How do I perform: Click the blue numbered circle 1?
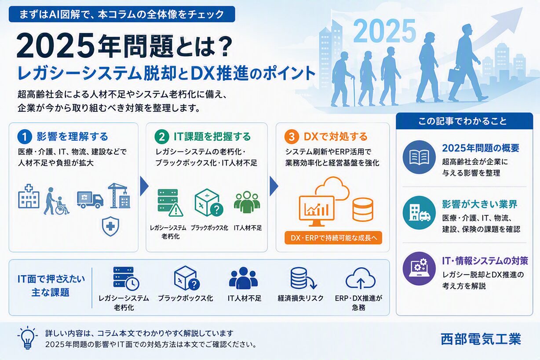click(x=25, y=137)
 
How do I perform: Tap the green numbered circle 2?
click(x=162, y=137)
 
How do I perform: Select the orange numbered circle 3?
click(x=292, y=137)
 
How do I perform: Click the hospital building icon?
click(x=29, y=196)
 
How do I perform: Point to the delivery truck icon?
click(x=90, y=200)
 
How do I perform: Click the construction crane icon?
click(x=119, y=196)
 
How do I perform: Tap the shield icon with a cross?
click(x=110, y=226)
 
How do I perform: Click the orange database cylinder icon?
click(x=363, y=210)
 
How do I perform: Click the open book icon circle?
click(x=419, y=157)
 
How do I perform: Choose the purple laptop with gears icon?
click(x=419, y=269)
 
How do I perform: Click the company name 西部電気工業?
click(x=481, y=339)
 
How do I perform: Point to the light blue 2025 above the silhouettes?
click(x=385, y=31)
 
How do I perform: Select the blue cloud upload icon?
click(x=361, y=278)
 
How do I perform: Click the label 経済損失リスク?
click(x=300, y=298)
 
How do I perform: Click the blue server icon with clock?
click(x=126, y=278)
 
